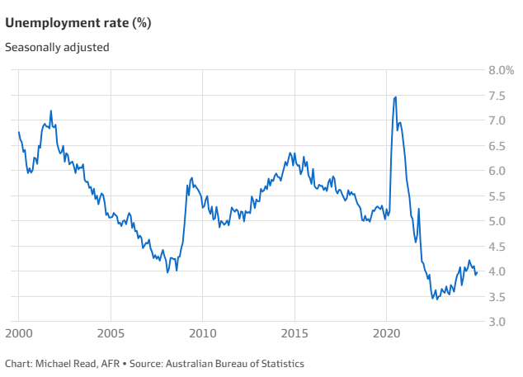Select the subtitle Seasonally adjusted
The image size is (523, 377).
(x=57, y=47)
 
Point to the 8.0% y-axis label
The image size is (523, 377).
(x=502, y=71)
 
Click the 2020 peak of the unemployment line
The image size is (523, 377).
(x=396, y=97)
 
